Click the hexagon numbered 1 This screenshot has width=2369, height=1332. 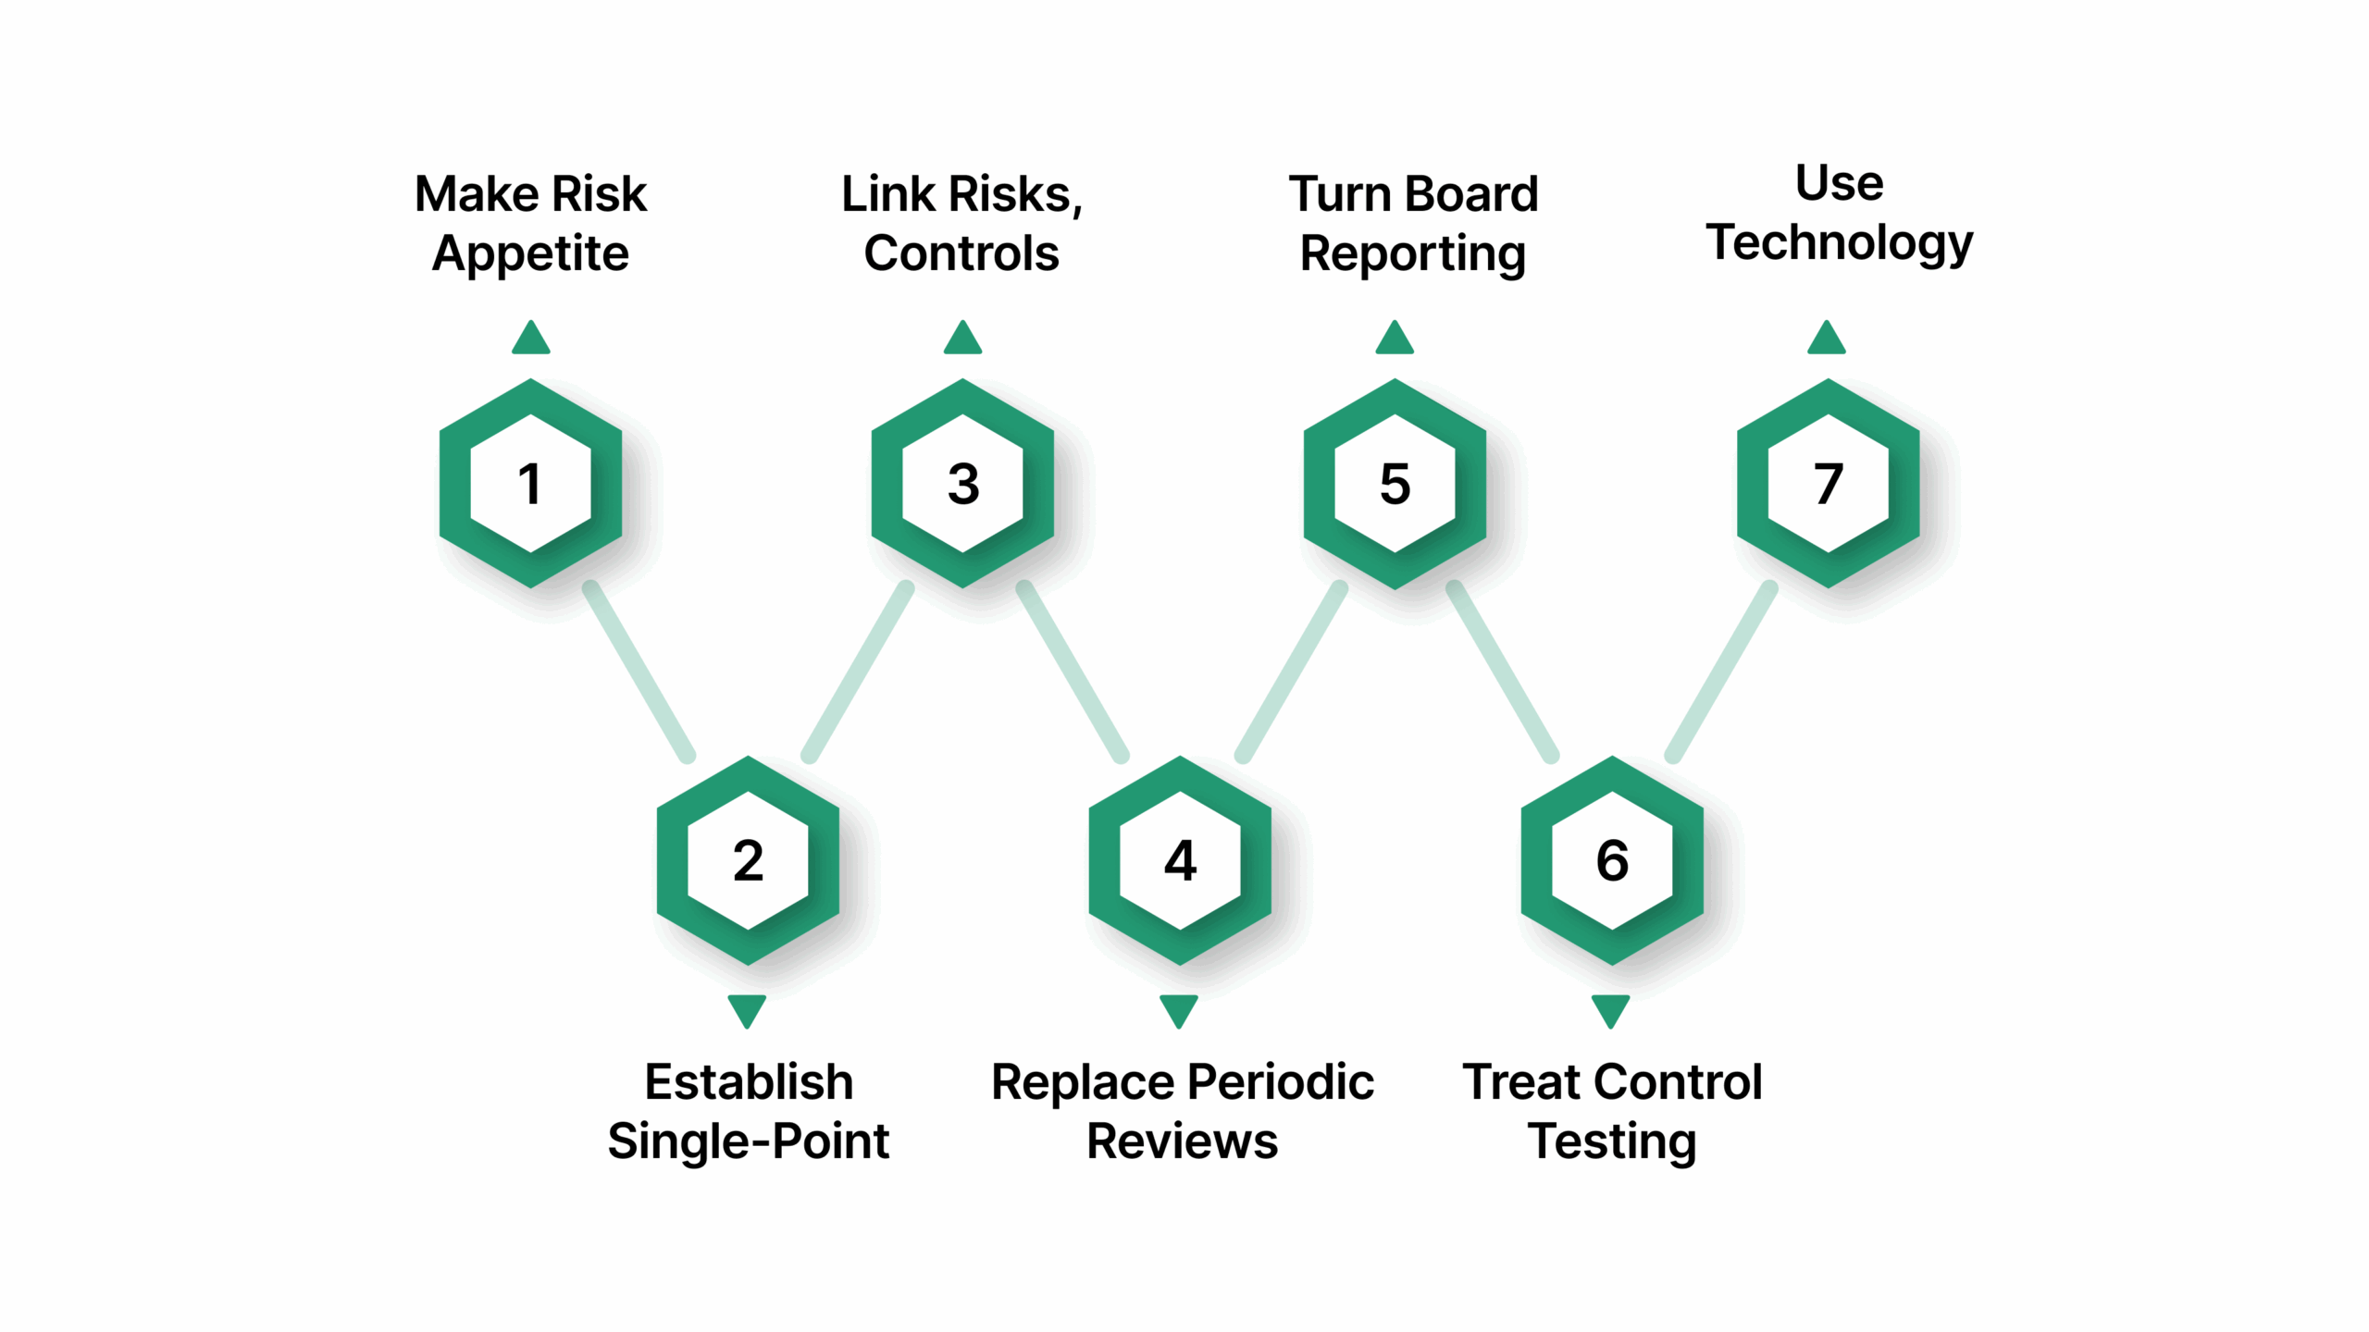click(530, 484)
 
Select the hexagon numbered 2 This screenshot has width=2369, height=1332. click(748, 861)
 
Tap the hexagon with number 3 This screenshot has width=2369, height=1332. click(962, 484)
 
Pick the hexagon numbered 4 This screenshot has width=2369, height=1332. click(1180, 861)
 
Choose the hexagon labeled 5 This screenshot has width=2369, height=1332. click(1395, 484)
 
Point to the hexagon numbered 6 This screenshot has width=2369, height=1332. click(1612, 861)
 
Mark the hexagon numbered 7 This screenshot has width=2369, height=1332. click(1828, 484)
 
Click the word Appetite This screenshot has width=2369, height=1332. click(530, 253)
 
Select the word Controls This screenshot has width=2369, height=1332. click(961, 253)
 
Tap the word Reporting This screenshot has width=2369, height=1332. click(1413, 253)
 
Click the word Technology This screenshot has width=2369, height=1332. click(1840, 243)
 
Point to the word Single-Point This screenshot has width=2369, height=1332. click(748, 1141)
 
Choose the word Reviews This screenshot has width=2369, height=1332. click(1182, 1141)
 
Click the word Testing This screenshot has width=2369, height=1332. click(1612, 1141)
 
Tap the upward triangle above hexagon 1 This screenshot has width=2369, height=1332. click(530, 339)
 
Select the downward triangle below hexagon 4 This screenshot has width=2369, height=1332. click(1179, 1009)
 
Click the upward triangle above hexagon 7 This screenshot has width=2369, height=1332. click(1827, 339)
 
